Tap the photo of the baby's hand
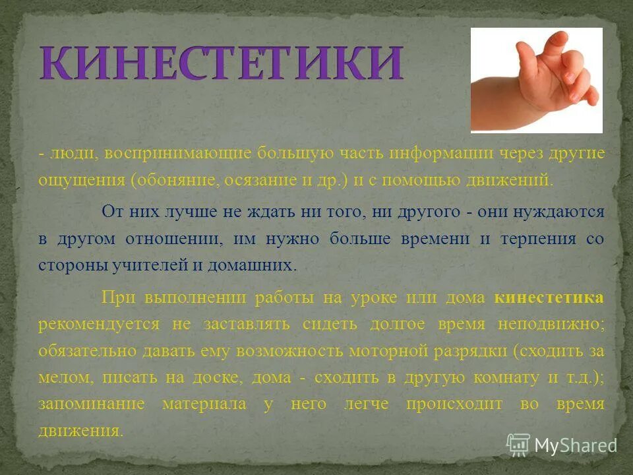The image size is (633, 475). (536, 80)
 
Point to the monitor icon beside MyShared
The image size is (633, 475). (518, 445)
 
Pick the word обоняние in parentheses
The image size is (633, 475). (176, 179)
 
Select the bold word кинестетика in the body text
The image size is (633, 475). (549, 298)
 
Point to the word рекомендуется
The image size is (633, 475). (99, 324)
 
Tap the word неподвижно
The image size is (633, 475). (550, 324)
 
